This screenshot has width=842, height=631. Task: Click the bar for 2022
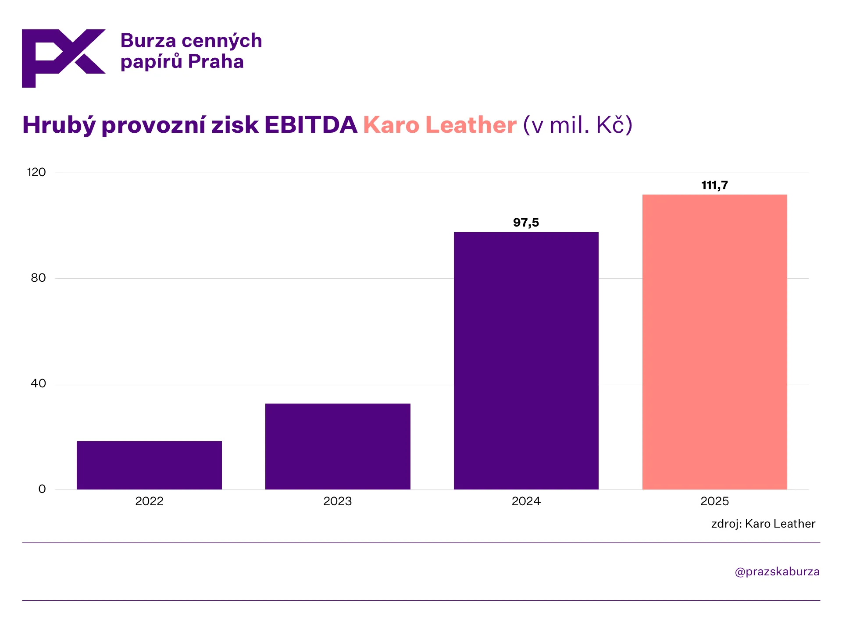click(x=149, y=465)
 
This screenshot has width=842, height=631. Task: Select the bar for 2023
click(x=338, y=446)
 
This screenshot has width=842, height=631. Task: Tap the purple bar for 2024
click(x=526, y=361)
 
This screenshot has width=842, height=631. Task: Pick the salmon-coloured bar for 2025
click(x=714, y=342)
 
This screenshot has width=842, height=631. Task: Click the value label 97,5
click(x=526, y=223)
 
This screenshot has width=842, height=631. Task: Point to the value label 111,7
click(x=714, y=185)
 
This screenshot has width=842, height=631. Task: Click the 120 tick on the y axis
click(x=36, y=172)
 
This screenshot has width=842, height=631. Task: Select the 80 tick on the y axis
click(x=38, y=278)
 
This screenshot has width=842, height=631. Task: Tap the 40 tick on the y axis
click(x=38, y=383)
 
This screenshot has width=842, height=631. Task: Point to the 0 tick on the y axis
click(x=42, y=489)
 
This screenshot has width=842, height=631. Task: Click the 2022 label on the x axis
click(x=149, y=501)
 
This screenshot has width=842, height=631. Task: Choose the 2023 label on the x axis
click(x=338, y=501)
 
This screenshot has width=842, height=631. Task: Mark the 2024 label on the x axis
click(x=526, y=501)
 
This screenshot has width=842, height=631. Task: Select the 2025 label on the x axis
click(x=714, y=501)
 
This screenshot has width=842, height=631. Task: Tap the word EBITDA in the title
click(x=310, y=125)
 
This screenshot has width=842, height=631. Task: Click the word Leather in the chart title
click(x=471, y=125)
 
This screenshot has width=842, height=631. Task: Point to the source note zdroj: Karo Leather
click(x=763, y=524)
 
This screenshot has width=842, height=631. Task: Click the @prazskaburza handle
click(x=777, y=571)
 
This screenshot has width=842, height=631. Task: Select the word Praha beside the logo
click(x=216, y=62)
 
